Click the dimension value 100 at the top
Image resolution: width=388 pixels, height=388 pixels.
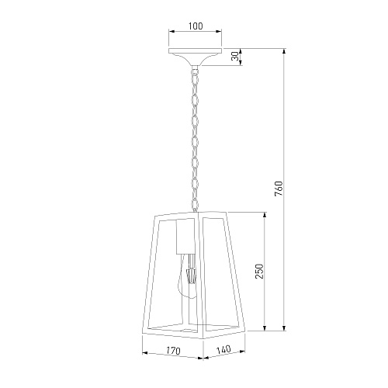click(x=196, y=26)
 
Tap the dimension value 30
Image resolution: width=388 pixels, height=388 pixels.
click(x=235, y=57)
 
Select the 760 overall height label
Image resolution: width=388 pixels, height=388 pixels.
click(x=279, y=189)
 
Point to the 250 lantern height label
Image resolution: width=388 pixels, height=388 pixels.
click(x=259, y=272)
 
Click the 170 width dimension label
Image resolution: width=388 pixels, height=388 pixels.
click(x=173, y=351)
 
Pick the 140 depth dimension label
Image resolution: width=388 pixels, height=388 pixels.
click(x=223, y=350)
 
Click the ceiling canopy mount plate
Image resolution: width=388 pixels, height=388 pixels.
click(x=196, y=57)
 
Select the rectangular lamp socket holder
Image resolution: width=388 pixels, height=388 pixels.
click(x=185, y=237)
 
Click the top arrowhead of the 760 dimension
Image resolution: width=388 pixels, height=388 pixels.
click(x=284, y=51)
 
